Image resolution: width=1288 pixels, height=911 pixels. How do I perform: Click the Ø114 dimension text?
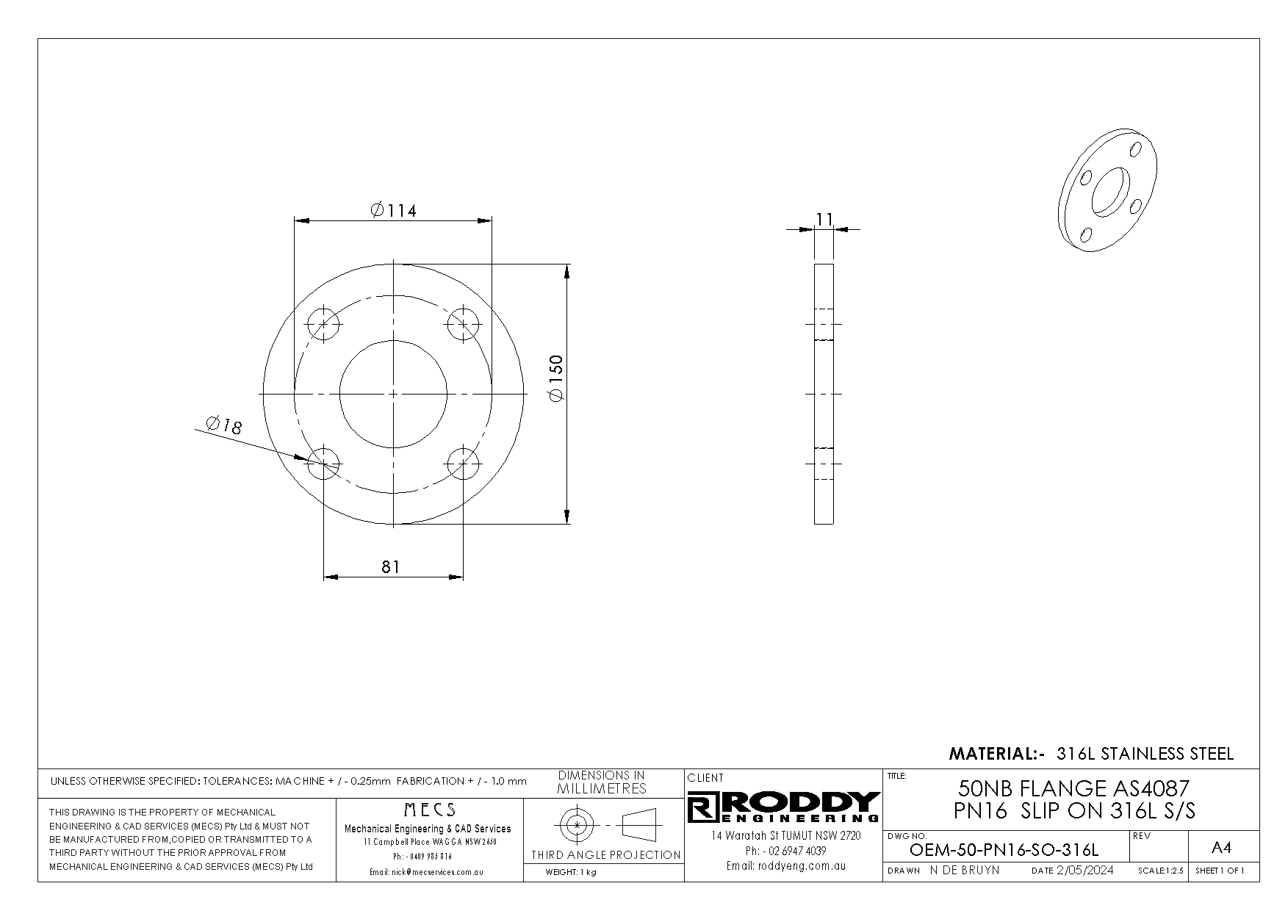click(393, 211)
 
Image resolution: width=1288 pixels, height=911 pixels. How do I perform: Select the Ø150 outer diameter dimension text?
click(555, 378)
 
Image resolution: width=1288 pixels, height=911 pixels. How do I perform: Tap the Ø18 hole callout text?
click(224, 425)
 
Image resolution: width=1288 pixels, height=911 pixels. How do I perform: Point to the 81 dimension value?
click(390, 566)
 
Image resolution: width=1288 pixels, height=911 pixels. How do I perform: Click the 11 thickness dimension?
click(824, 219)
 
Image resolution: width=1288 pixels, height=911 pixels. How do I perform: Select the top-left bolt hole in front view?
click(323, 324)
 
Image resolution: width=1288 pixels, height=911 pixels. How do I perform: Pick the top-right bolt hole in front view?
click(464, 324)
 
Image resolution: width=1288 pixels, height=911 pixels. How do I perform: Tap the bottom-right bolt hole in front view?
click(464, 464)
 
